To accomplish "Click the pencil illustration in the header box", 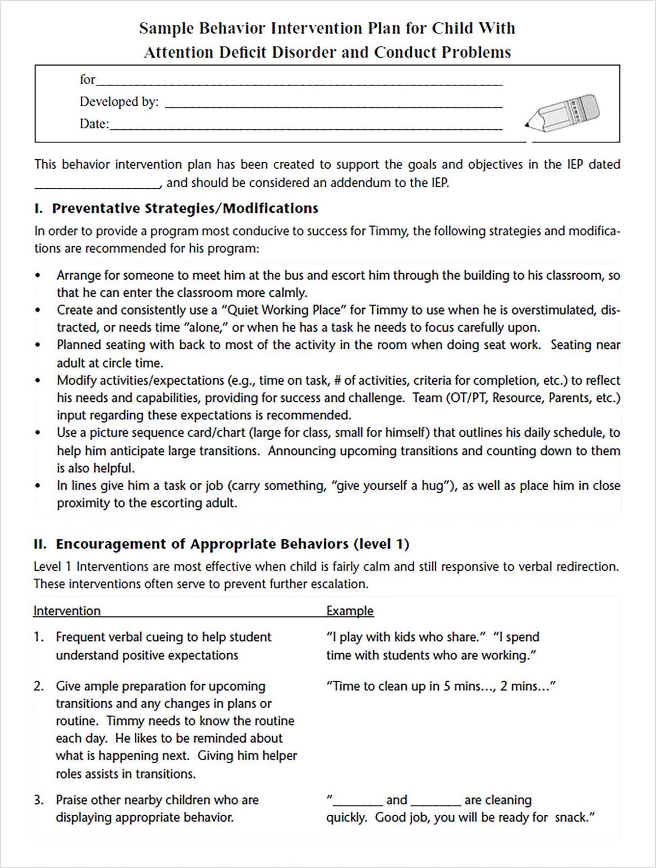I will point(562,113).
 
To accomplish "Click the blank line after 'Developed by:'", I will point(333,106).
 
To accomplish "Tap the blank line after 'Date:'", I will point(305,128).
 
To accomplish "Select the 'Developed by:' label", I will point(119,102).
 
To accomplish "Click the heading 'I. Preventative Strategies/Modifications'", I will point(176,209).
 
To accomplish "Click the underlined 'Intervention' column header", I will point(67,611).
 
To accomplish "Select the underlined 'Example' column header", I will point(350,611).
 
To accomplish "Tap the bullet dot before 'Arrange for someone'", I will point(38,276).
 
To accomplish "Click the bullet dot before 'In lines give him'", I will point(38,486).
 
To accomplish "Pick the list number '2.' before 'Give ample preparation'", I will point(38,686).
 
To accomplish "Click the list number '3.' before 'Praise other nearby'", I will point(38,800).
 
